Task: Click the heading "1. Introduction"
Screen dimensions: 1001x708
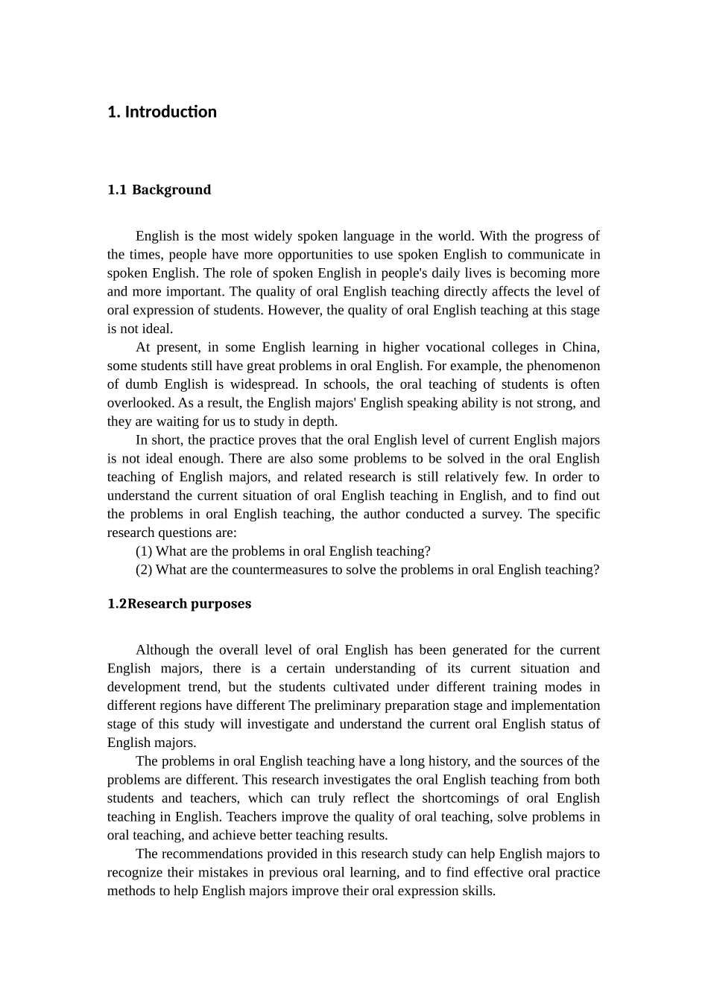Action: click(x=162, y=112)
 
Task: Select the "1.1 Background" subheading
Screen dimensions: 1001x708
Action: click(x=159, y=189)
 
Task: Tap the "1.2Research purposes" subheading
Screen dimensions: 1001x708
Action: click(x=179, y=603)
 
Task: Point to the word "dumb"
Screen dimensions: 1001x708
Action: click(x=139, y=384)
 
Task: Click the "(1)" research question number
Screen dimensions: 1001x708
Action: click(x=144, y=551)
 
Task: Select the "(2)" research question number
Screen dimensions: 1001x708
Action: click(x=144, y=570)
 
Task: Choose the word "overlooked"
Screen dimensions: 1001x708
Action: click(x=140, y=403)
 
